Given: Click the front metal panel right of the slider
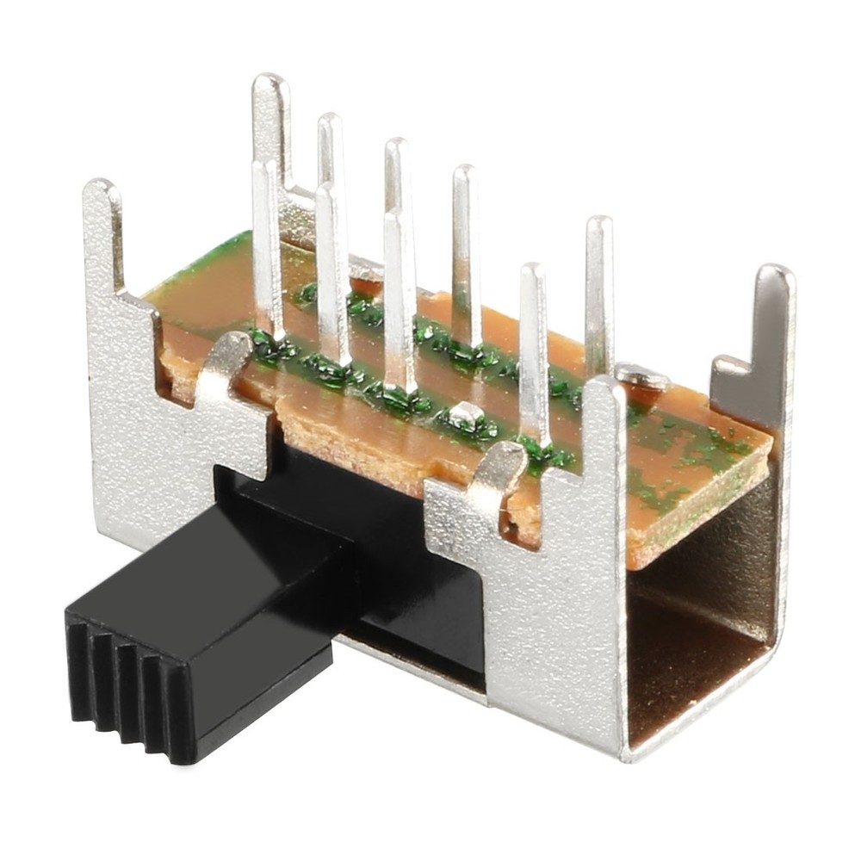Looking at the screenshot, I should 551,620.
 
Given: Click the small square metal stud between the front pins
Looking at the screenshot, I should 466,414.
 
